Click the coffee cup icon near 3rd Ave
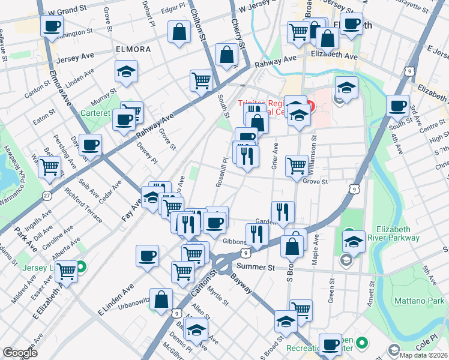[397, 106]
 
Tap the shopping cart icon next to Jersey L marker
[67, 271]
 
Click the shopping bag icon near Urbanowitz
[161, 299]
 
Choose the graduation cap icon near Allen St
[196, 329]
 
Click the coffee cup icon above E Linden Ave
[147, 256]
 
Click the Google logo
[20, 353]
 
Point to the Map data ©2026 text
[424, 355]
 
